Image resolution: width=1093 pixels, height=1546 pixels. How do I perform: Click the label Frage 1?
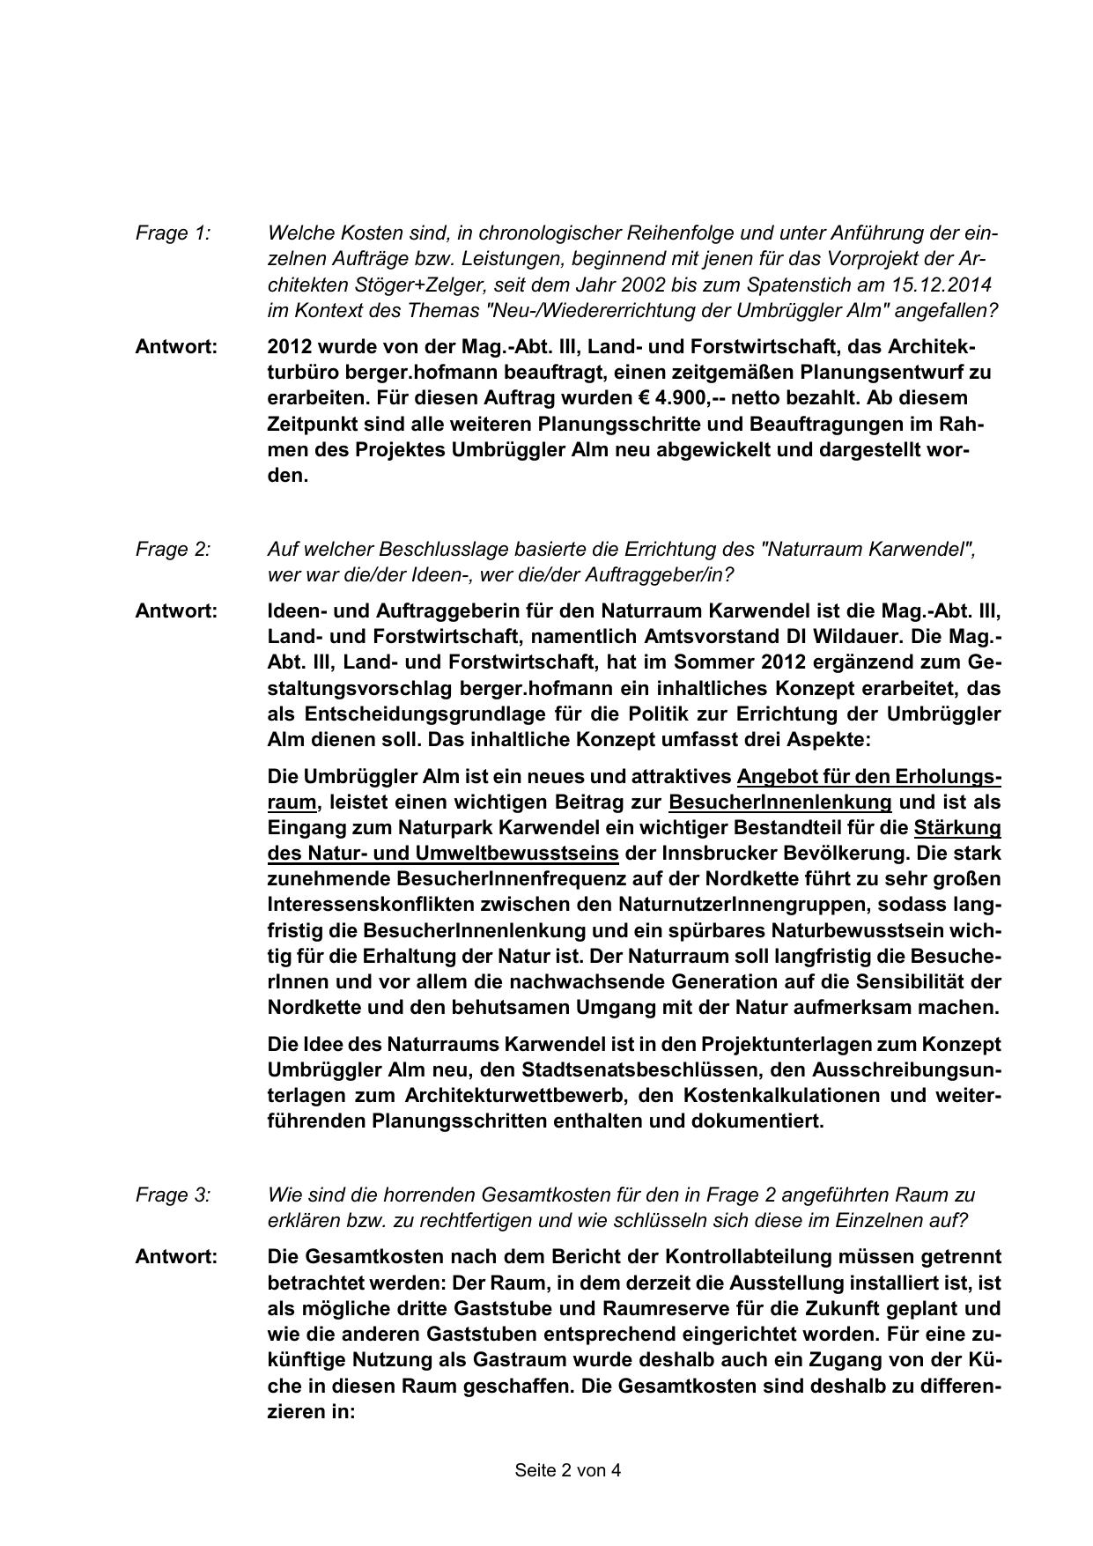[x=173, y=233]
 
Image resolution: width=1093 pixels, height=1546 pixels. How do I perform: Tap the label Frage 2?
[x=173, y=550]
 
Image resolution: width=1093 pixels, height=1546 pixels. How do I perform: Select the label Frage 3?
[x=173, y=1195]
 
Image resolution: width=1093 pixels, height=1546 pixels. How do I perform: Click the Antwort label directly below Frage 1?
[x=176, y=347]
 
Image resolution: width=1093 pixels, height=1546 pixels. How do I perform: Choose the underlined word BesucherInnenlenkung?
[x=780, y=803]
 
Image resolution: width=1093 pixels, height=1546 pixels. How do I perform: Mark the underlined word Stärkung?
[x=957, y=828]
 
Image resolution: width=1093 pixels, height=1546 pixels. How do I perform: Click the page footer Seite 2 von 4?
[x=568, y=1470]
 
